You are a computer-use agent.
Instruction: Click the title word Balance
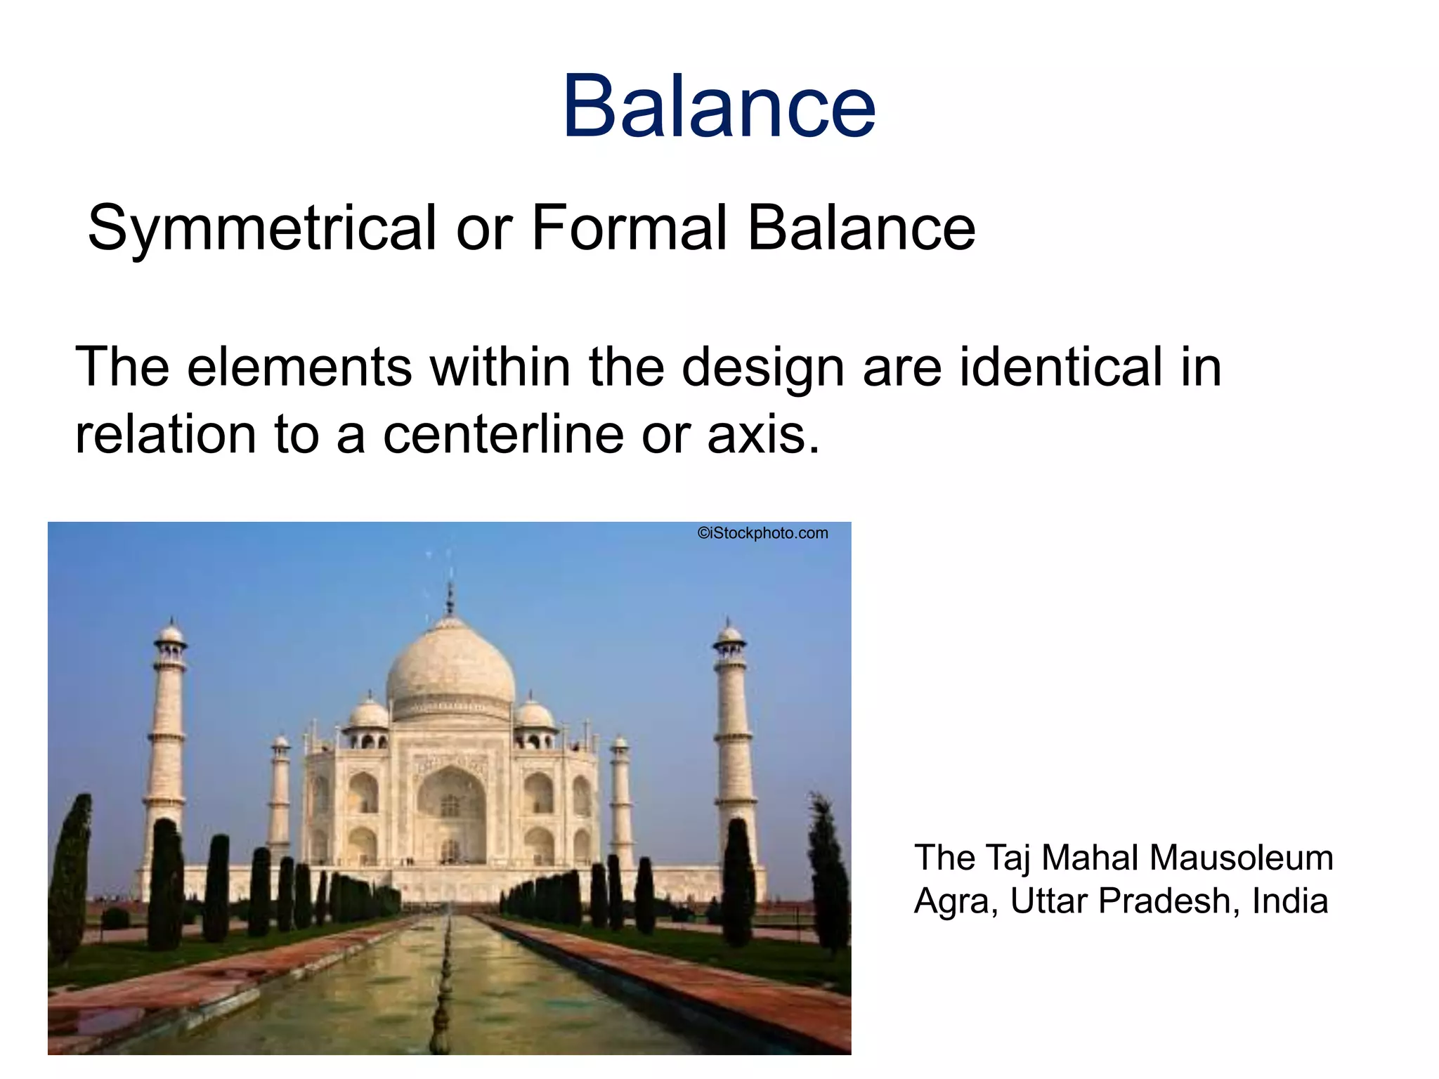coord(719,107)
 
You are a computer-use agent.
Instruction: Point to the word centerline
coord(503,434)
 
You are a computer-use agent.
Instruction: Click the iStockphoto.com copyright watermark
coord(762,533)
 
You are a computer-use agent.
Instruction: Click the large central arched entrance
coord(451,815)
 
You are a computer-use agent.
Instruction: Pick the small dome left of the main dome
coord(368,713)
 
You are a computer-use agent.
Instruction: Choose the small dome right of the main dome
coord(534,713)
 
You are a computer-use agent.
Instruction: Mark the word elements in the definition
coord(299,367)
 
